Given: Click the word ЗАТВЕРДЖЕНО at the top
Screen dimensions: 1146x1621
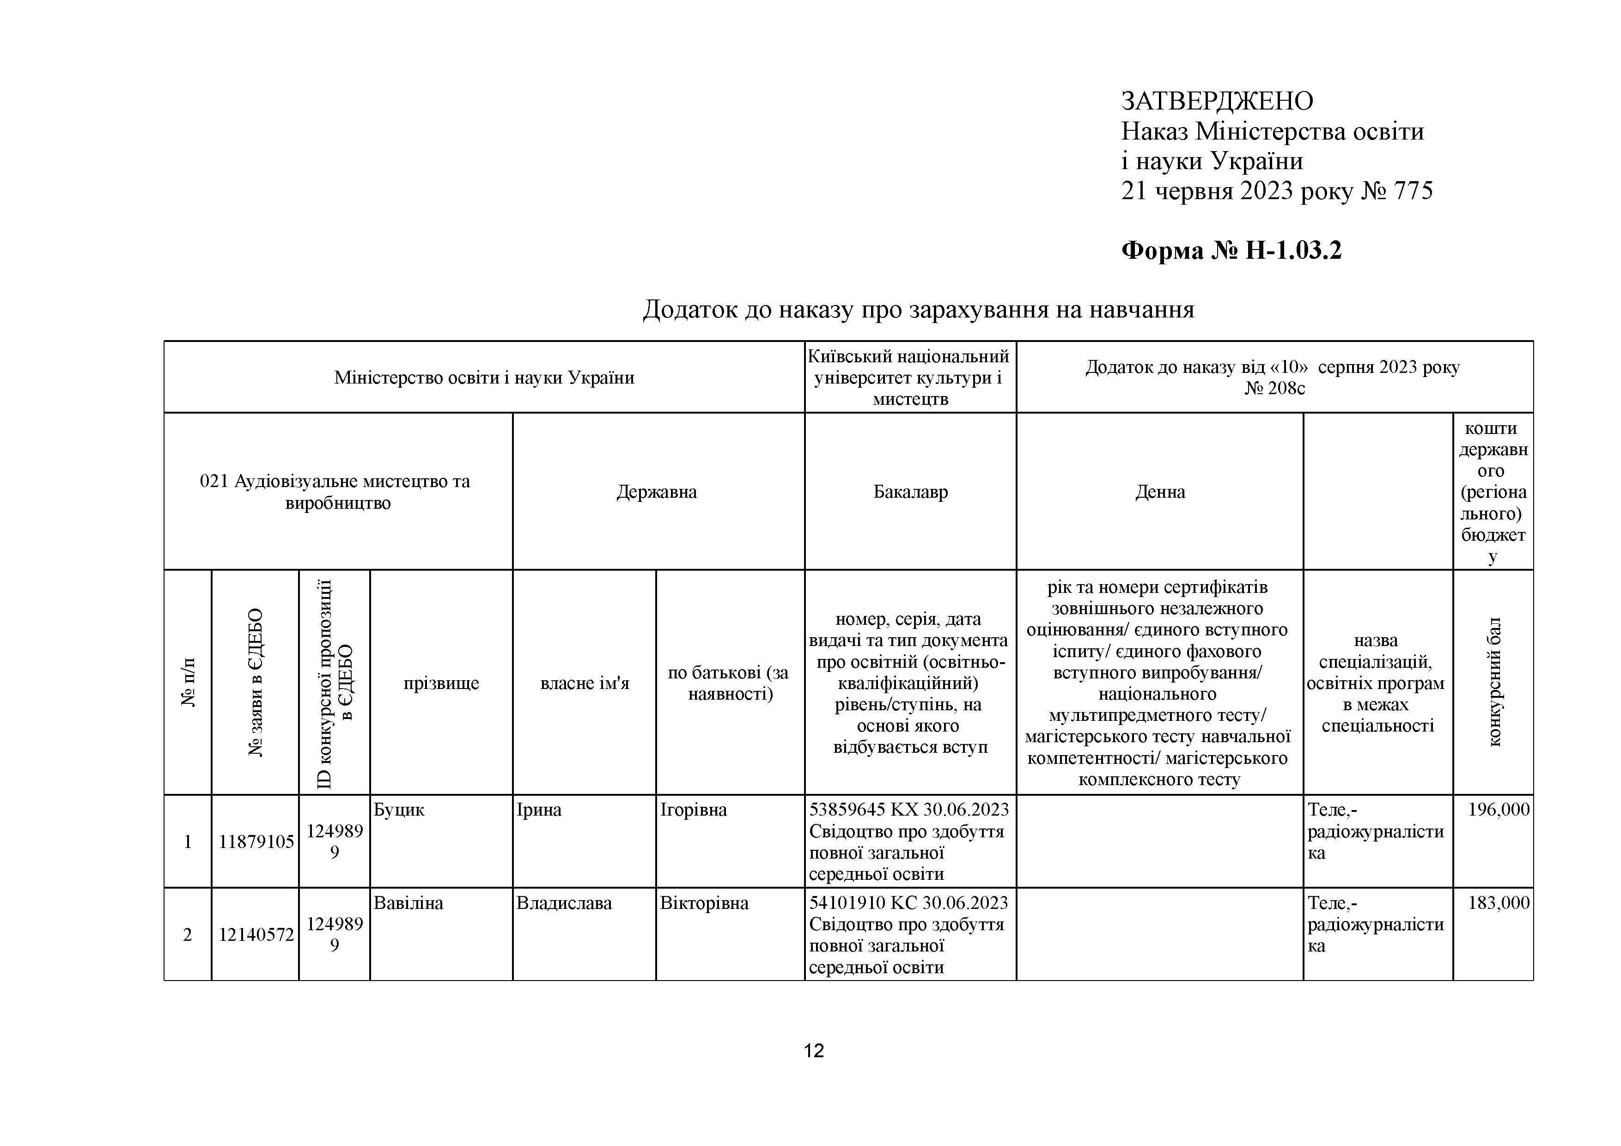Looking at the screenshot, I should pos(1217,102).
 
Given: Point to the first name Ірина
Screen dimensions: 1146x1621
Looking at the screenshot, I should pos(539,810).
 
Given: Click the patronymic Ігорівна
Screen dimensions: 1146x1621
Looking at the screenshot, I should pos(693,810).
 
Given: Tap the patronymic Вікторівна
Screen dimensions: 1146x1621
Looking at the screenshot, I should pos(704,903).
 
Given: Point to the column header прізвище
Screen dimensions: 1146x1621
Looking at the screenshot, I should pos(441,683).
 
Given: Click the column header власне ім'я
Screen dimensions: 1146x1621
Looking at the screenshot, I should pos(584,683).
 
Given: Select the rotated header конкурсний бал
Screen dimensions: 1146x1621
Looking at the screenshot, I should pos(1493,682).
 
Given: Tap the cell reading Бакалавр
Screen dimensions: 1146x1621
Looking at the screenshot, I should pos(910,492).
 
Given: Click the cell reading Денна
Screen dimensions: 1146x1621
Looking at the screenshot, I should pos(1159,492).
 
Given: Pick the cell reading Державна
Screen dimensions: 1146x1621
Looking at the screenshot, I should pos(657,492).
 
